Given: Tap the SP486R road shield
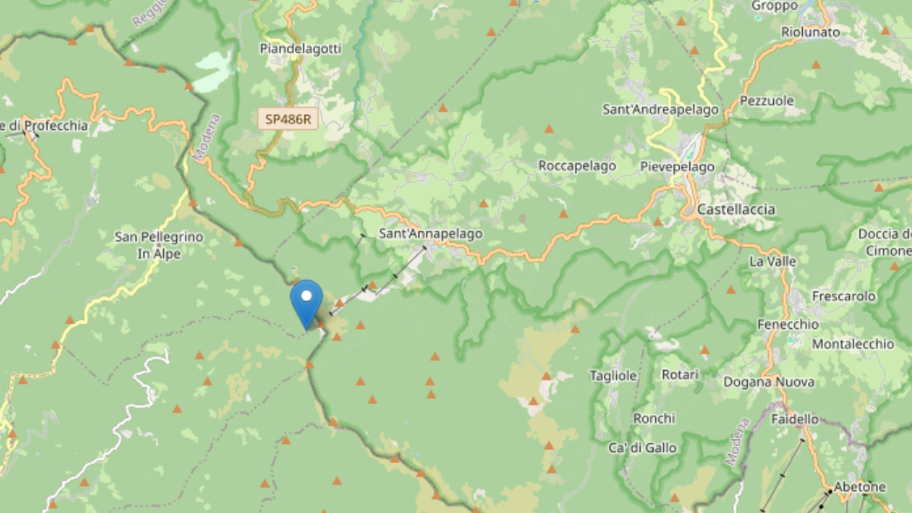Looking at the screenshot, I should [x=287, y=120].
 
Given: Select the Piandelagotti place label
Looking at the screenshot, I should [x=300, y=49].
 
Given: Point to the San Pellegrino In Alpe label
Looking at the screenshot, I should [x=159, y=244].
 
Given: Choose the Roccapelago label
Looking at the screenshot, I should [x=577, y=166].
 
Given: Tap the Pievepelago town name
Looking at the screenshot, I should [x=677, y=167].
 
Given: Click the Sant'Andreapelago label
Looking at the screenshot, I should [x=661, y=110].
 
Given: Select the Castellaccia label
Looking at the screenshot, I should [x=736, y=209].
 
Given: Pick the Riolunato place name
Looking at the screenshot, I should [x=811, y=32].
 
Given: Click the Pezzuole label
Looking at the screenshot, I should [x=767, y=100].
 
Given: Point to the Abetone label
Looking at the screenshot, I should [x=860, y=487].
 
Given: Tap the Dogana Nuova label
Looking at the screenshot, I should [x=769, y=381].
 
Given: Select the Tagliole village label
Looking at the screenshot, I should [x=613, y=375].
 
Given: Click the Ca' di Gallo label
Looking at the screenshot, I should [x=642, y=448].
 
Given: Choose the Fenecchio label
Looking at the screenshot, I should [x=788, y=324].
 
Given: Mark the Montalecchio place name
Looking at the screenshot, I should [x=853, y=344].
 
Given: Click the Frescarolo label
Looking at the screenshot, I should [x=844, y=296].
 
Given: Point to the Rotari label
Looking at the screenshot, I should [x=680, y=374].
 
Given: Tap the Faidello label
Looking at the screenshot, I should [x=795, y=419].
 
